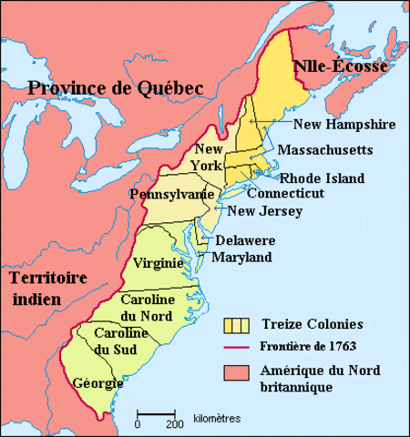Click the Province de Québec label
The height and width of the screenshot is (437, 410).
pyautogui.click(x=113, y=87)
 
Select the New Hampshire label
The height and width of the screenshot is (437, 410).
pyautogui.click(x=343, y=124)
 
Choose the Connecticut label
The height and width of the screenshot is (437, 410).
pyautogui.click(x=285, y=194)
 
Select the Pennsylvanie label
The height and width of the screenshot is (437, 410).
pyautogui.click(x=172, y=195)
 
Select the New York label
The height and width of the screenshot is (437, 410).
pyautogui.click(x=207, y=157)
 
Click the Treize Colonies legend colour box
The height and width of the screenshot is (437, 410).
pyautogui.click(x=238, y=323)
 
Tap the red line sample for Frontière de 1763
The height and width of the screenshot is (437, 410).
pyautogui.click(x=238, y=347)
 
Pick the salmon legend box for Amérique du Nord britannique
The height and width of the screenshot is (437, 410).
pyautogui.click(x=238, y=372)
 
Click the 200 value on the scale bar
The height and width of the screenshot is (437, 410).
pyautogui.click(x=169, y=423)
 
